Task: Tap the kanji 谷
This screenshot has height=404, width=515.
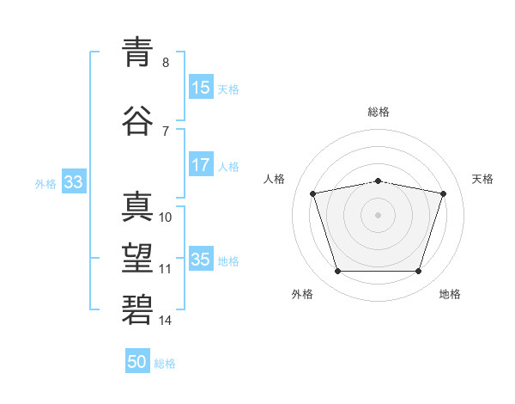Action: (x=137, y=121)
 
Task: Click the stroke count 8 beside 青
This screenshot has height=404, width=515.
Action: (x=166, y=63)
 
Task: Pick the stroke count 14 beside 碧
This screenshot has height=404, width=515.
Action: (x=166, y=321)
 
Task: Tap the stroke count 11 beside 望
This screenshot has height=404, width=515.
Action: (x=166, y=269)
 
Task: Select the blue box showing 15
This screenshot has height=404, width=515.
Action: (x=201, y=87)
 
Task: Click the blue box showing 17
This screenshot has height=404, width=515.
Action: (x=201, y=165)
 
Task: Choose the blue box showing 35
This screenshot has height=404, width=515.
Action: (x=201, y=259)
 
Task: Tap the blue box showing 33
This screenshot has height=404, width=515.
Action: (x=73, y=182)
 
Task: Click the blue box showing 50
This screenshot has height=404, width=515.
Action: (x=137, y=362)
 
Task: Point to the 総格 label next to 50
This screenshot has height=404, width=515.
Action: (x=165, y=364)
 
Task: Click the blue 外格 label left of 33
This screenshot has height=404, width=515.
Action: (x=45, y=183)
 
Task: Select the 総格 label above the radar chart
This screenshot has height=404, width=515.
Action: (x=378, y=112)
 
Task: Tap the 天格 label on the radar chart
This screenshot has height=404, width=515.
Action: (x=482, y=179)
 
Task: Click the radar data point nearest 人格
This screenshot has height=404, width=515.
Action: (x=313, y=193)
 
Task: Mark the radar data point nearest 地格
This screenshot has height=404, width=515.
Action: (x=418, y=272)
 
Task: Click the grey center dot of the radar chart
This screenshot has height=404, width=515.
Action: (x=378, y=214)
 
